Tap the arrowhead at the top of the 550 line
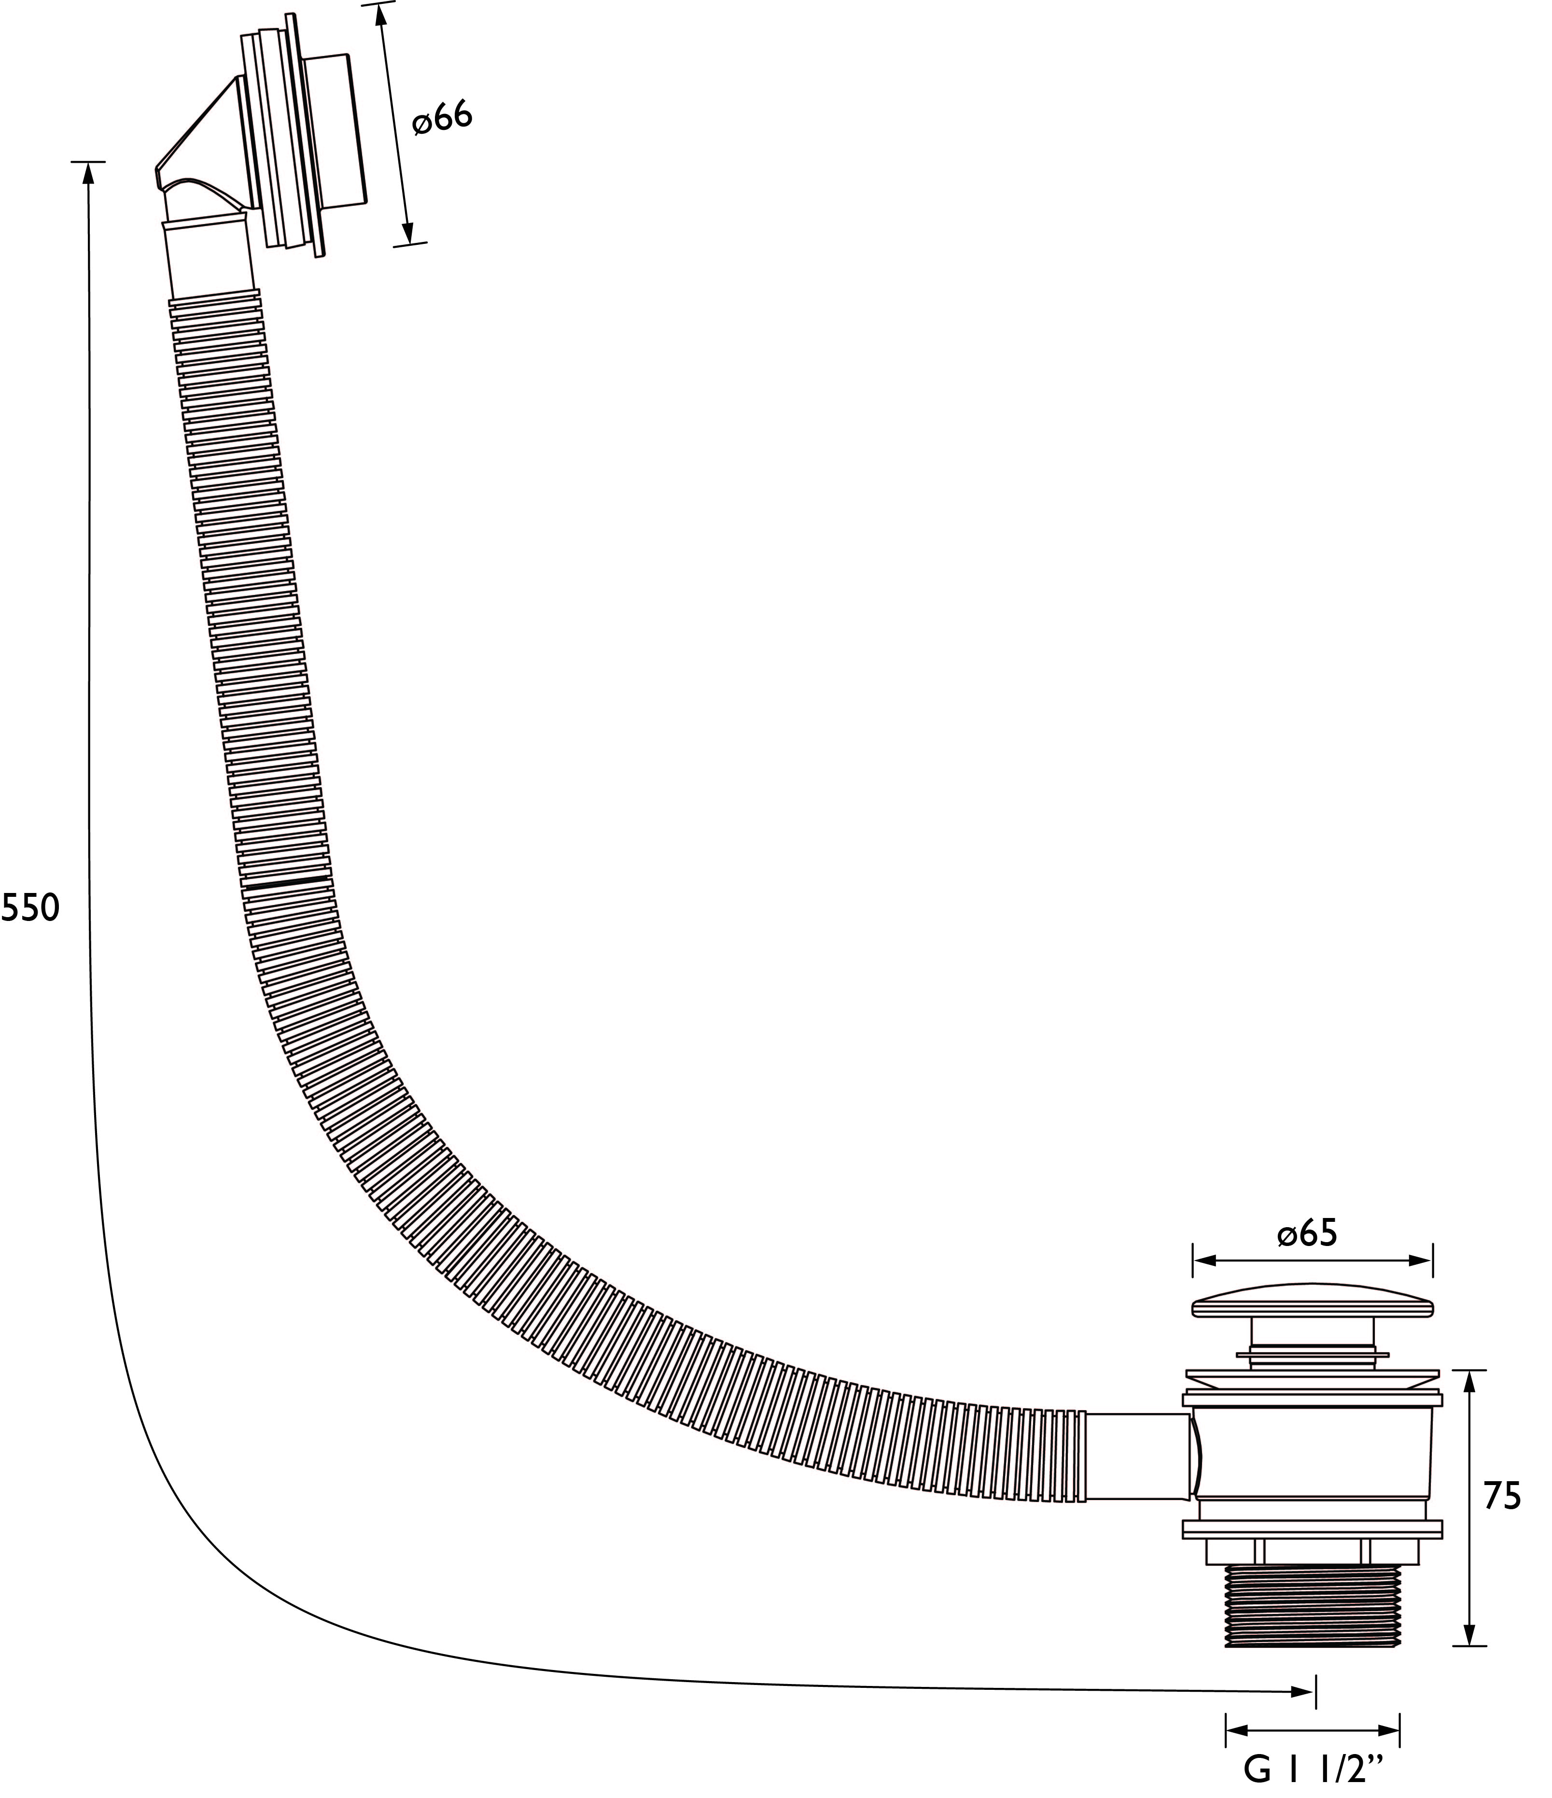pyautogui.click(x=88, y=173)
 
